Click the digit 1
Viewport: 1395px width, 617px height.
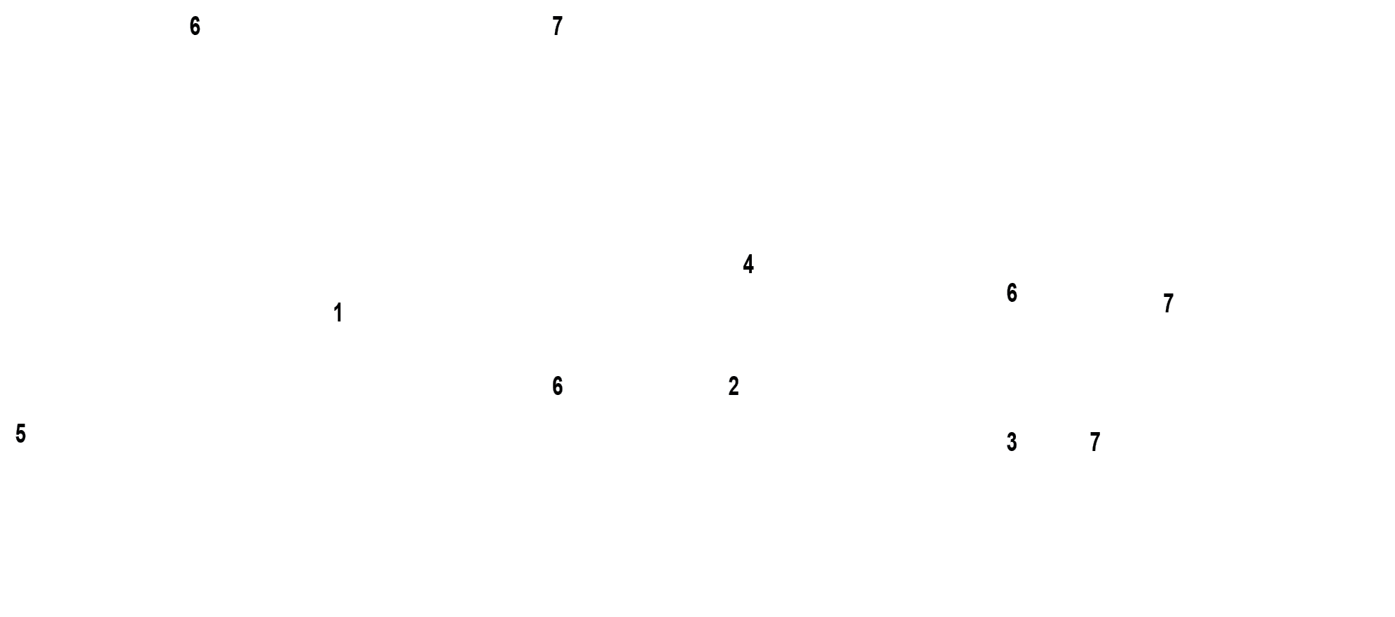338,312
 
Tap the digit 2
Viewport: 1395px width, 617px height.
734,386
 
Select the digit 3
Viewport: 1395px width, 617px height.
1012,442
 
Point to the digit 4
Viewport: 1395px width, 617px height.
748,264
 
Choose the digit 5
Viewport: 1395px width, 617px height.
20,434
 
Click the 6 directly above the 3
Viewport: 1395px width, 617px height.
1012,293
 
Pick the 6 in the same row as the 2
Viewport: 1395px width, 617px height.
558,386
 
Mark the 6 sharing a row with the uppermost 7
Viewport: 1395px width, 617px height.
195,27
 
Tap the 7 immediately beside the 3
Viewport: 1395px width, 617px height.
1095,442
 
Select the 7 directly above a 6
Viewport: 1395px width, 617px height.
558,27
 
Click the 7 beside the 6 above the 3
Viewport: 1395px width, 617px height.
1168,303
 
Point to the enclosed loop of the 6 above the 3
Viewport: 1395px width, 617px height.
1012,298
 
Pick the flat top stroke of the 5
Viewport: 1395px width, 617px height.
22,426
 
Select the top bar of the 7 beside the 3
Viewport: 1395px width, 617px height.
1095,434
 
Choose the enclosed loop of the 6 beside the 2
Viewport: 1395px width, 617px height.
558,390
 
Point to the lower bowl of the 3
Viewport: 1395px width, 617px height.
1012,447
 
